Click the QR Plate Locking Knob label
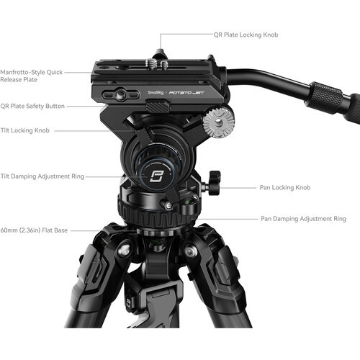coord(246,35)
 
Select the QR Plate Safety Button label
coord(33,106)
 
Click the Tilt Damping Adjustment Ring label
coord(36,175)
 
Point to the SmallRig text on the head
coord(155,92)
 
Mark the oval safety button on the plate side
coord(119,95)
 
